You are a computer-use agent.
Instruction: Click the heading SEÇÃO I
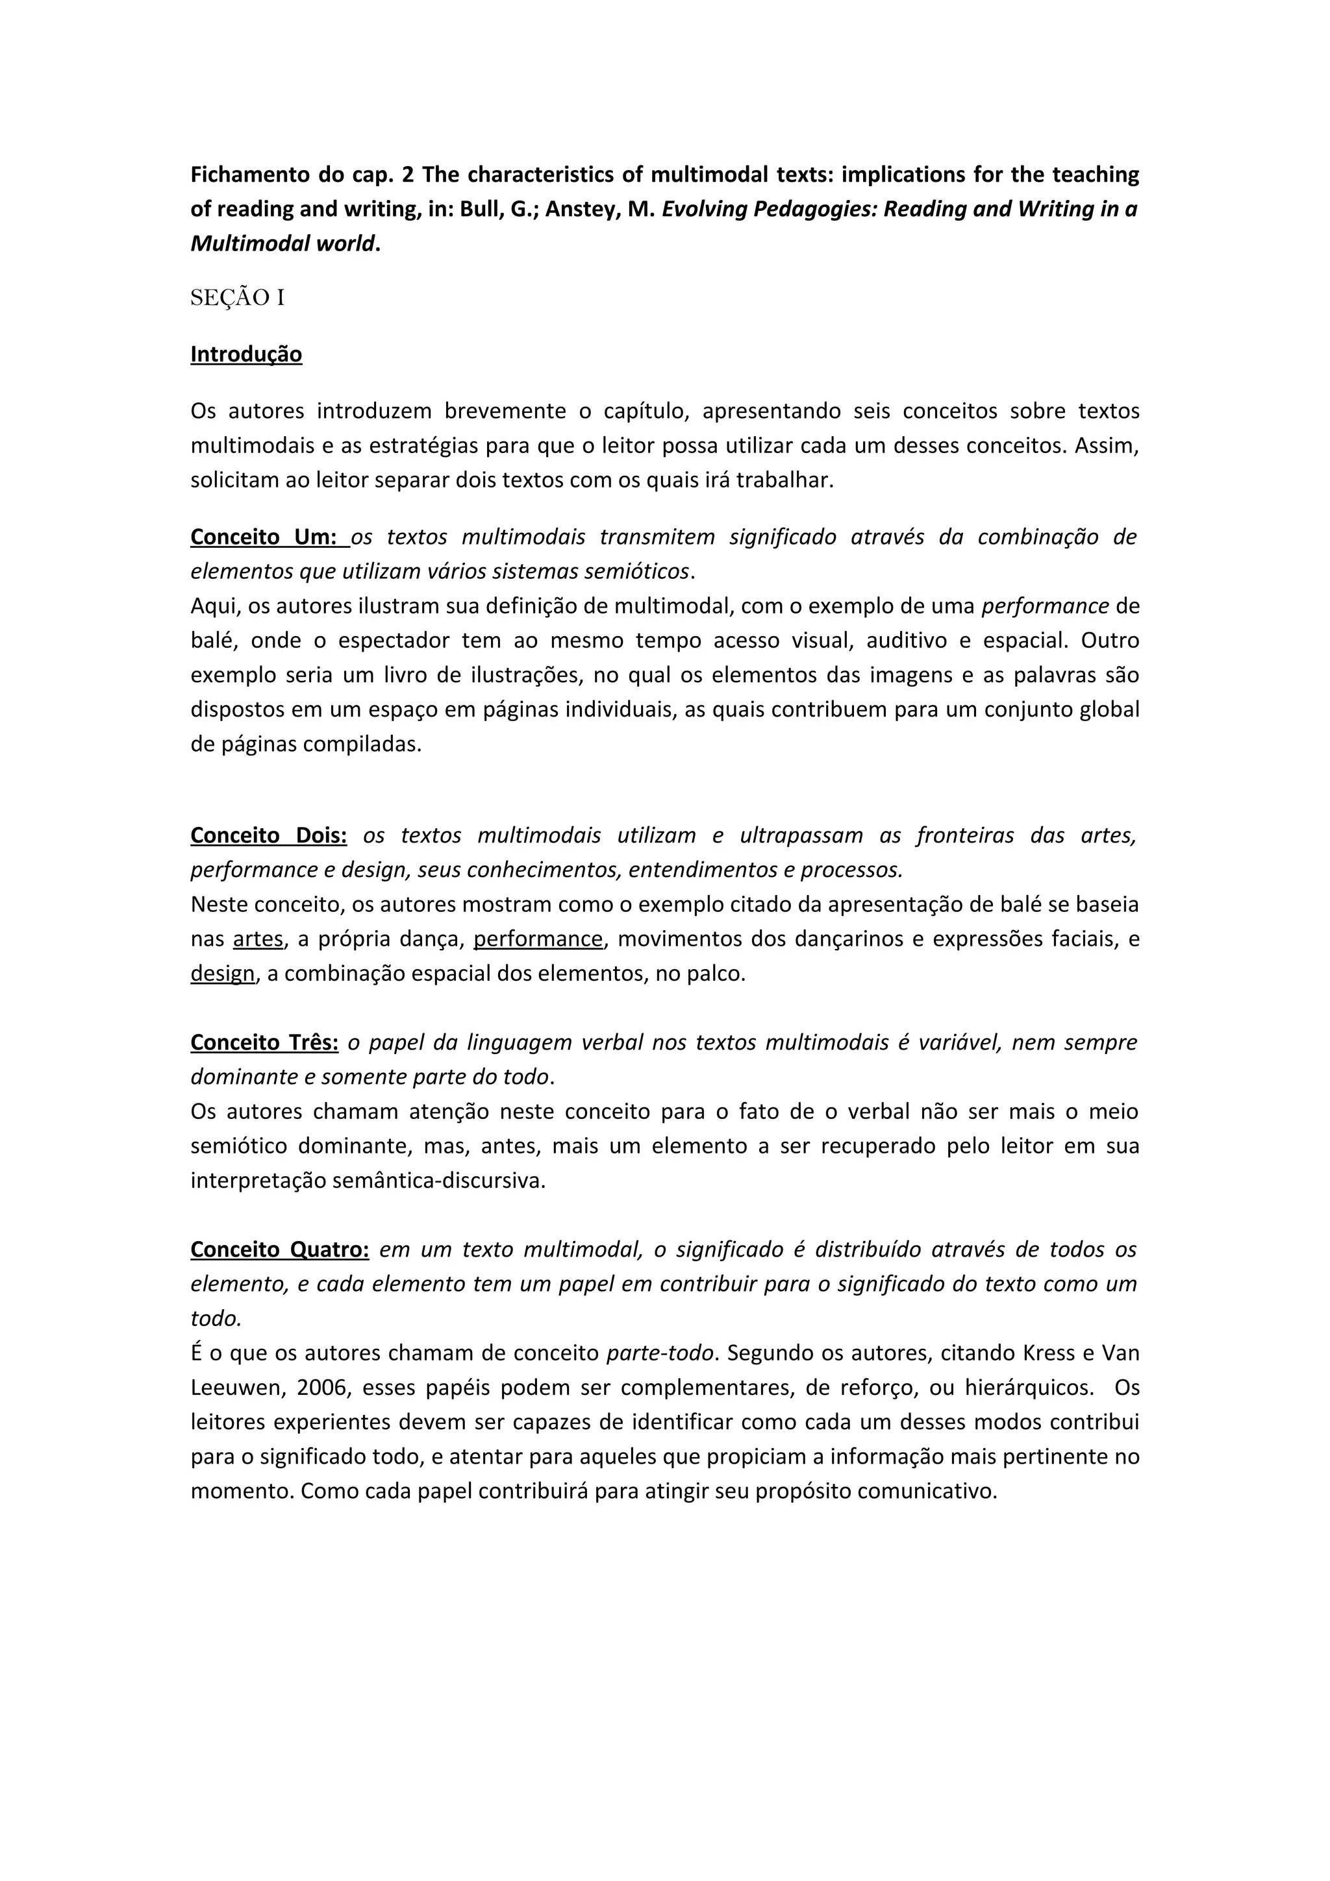[x=238, y=298]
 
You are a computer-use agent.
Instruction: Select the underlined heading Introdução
[x=246, y=355]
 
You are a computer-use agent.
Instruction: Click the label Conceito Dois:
[x=269, y=835]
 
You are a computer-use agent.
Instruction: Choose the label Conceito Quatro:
[x=279, y=1250]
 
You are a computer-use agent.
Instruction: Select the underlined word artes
[x=258, y=939]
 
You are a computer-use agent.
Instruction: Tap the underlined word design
[x=222, y=974]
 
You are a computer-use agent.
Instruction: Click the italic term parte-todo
[x=659, y=1353]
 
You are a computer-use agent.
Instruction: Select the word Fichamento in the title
[x=249, y=175]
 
